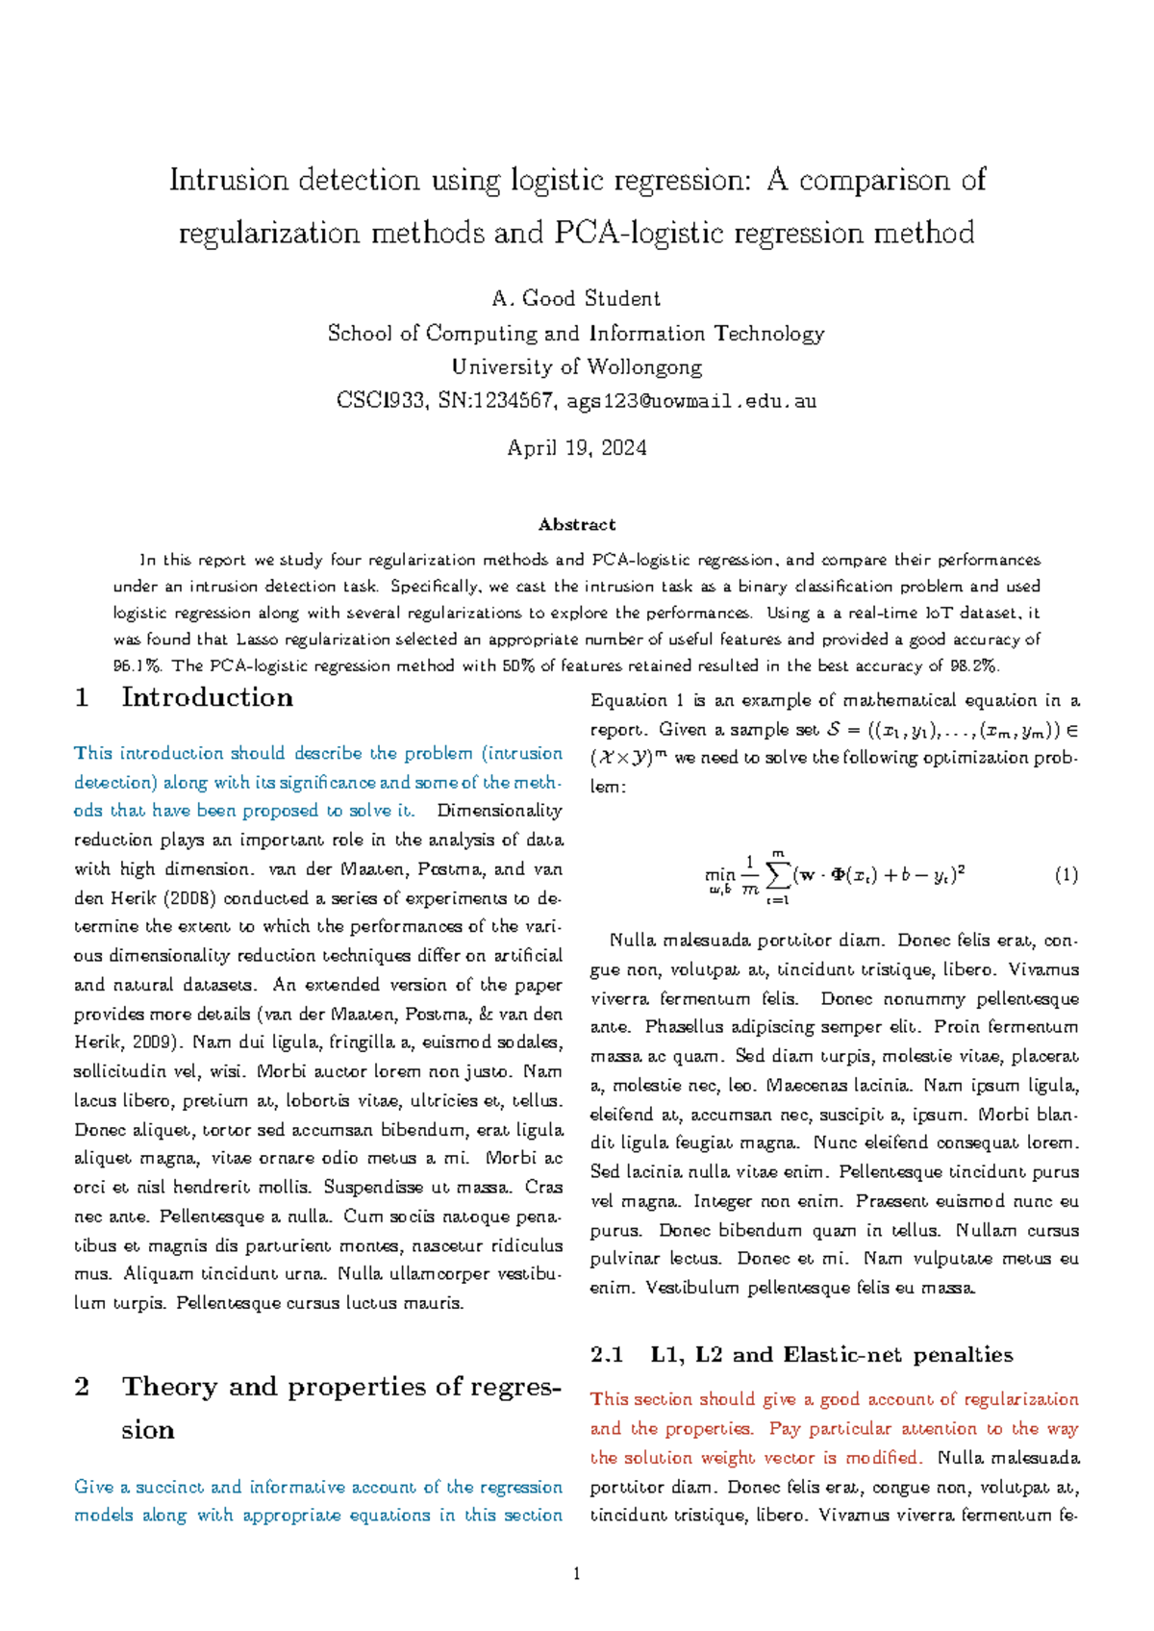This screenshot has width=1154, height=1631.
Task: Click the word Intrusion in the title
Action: pyautogui.click(x=228, y=180)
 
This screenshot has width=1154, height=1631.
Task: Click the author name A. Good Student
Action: pyautogui.click(x=576, y=298)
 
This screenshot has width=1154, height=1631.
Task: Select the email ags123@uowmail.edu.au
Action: pyautogui.click(x=691, y=401)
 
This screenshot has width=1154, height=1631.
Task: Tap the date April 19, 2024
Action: pyautogui.click(x=576, y=448)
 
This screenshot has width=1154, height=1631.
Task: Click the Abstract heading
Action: pyautogui.click(x=576, y=524)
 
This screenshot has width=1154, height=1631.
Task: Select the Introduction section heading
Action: pyautogui.click(x=207, y=697)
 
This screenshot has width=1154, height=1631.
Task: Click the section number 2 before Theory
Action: pyautogui.click(x=83, y=1387)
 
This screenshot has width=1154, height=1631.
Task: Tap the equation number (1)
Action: pyautogui.click(x=1066, y=875)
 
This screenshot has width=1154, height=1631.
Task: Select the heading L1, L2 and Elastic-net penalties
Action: pyautogui.click(x=831, y=1354)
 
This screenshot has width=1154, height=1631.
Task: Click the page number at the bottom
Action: pyautogui.click(x=576, y=1574)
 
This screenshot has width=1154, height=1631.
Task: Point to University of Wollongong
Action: pyautogui.click(x=576, y=366)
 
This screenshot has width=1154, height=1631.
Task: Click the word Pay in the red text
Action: pyautogui.click(x=785, y=1428)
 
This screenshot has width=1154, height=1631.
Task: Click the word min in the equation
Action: pyautogui.click(x=719, y=874)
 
